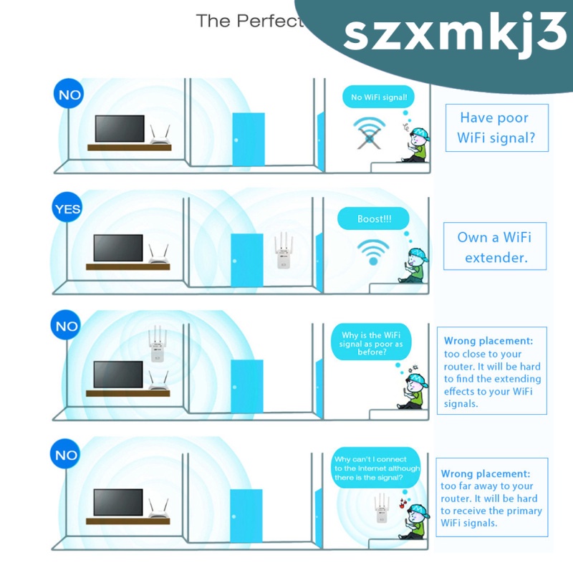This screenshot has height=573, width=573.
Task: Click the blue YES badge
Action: point(68,209)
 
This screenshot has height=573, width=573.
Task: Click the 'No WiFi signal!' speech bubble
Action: point(379,97)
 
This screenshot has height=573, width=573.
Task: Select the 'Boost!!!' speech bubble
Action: point(373,218)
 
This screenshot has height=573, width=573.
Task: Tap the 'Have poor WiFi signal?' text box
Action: point(496,127)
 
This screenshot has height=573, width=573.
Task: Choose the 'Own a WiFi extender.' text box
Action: point(496,247)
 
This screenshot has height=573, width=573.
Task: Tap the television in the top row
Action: point(120,129)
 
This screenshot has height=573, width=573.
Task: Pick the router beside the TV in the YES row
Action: point(158,255)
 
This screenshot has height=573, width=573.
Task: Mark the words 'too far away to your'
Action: point(487,486)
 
